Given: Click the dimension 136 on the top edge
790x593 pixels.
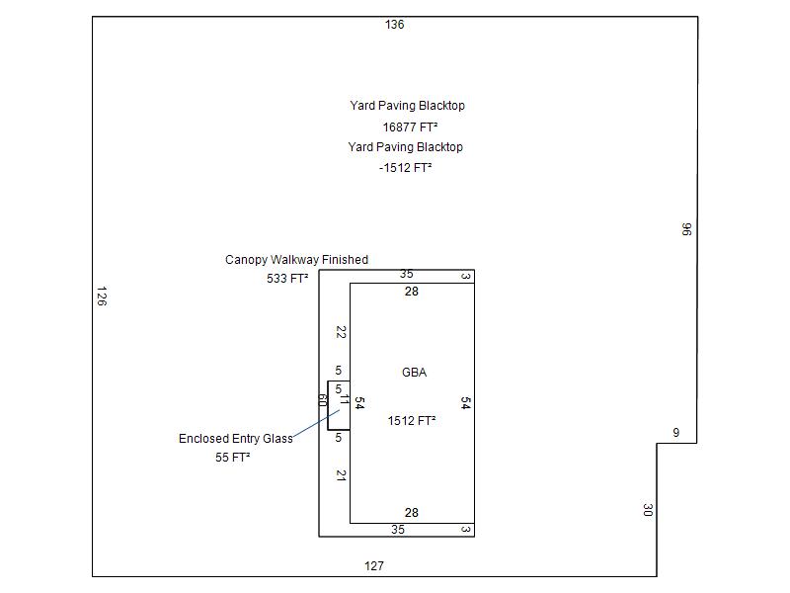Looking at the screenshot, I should pyautogui.click(x=394, y=25).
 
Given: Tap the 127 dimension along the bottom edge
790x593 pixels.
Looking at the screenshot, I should pyautogui.click(x=373, y=566).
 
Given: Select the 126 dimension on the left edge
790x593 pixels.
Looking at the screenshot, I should pyautogui.click(x=101, y=296).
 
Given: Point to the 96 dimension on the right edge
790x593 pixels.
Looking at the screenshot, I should pyautogui.click(x=686, y=229).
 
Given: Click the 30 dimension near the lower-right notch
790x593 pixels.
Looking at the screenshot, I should pyautogui.click(x=647, y=510).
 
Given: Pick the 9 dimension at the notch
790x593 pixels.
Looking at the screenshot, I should pyautogui.click(x=676, y=433).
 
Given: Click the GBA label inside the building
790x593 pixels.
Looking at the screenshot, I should pyautogui.click(x=414, y=373).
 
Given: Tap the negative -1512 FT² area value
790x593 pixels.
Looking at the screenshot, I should pyautogui.click(x=406, y=168).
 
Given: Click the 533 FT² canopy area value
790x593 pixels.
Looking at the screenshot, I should pyautogui.click(x=287, y=279).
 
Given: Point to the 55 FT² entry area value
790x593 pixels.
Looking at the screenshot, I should pyautogui.click(x=232, y=458).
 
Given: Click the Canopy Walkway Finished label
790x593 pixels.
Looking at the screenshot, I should pyautogui.click(x=296, y=260).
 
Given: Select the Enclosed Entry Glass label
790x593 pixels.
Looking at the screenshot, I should pyautogui.click(x=235, y=439).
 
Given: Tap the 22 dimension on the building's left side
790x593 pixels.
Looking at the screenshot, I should pyautogui.click(x=341, y=332).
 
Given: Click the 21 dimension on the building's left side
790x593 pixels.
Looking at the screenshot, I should pyautogui.click(x=341, y=475).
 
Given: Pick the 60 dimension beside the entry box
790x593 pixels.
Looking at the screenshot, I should pyautogui.click(x=322, y=400).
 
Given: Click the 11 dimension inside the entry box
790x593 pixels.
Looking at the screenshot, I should pyautogui.click(x=345, y=400).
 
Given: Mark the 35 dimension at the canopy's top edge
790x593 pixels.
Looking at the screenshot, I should pyautogui.click(x=407, y=274).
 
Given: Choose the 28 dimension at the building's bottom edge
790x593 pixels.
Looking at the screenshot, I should pyautogui.click(x=412, y=513).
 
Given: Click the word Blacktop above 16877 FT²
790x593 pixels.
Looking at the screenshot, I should pyautogui.click(x=441, y=106).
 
